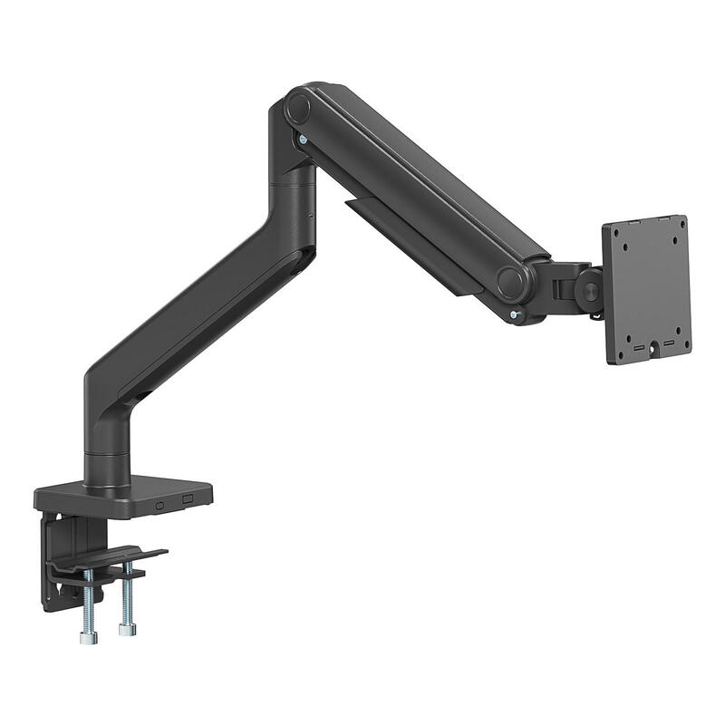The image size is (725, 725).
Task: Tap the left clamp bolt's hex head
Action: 88,637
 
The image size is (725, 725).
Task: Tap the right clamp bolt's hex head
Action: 127,628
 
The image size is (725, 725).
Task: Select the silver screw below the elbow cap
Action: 301,140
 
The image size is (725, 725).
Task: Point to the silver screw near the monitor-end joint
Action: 515,314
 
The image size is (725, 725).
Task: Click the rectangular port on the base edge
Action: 188,499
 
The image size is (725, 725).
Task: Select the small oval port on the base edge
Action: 160,505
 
